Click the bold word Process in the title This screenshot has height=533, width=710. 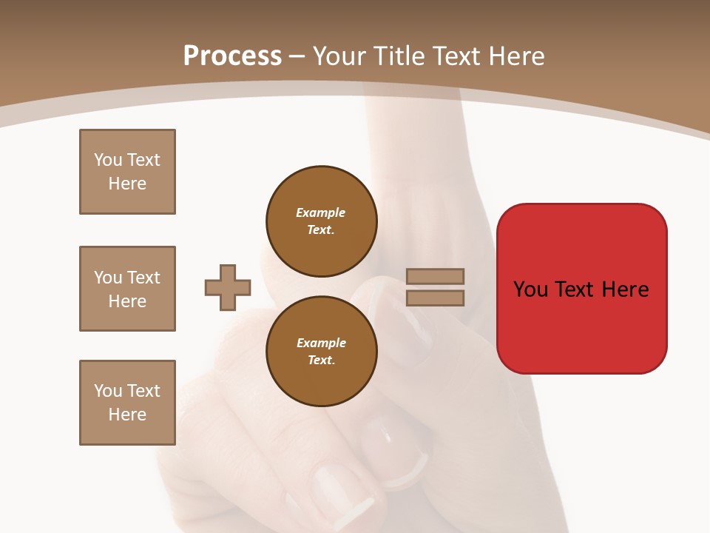[x=232, y=56]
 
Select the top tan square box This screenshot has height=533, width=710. [x=127, y=172]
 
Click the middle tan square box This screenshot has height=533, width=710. [x=127, y=289]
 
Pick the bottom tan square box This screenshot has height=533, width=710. [x=127, y=403]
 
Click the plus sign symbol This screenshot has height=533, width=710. [x=228, y=287]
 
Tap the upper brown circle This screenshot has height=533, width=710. [x=321, y=221]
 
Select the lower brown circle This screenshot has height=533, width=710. [x=321, y=351]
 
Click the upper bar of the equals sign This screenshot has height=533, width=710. [x=435, y=276]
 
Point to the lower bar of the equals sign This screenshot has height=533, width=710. [x=435, y=298]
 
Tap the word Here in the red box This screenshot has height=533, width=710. [x=625, y=289]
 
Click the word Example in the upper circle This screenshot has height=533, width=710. [x=320, y=212]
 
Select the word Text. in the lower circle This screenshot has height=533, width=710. [x=321, y=360]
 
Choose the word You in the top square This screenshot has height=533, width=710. [x=108, y=160]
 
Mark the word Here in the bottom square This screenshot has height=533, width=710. [x=127, y=415]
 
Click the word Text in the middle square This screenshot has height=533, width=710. [x=143, y=278]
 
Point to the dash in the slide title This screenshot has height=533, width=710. [x=297, y=56]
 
